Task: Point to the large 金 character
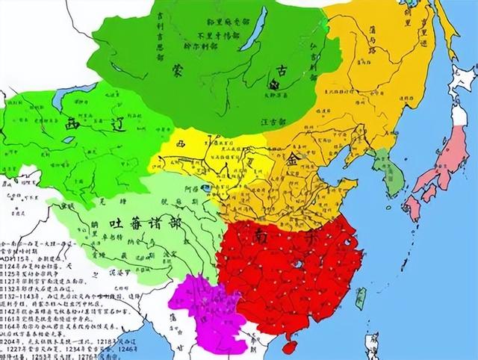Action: coord(294,159)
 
